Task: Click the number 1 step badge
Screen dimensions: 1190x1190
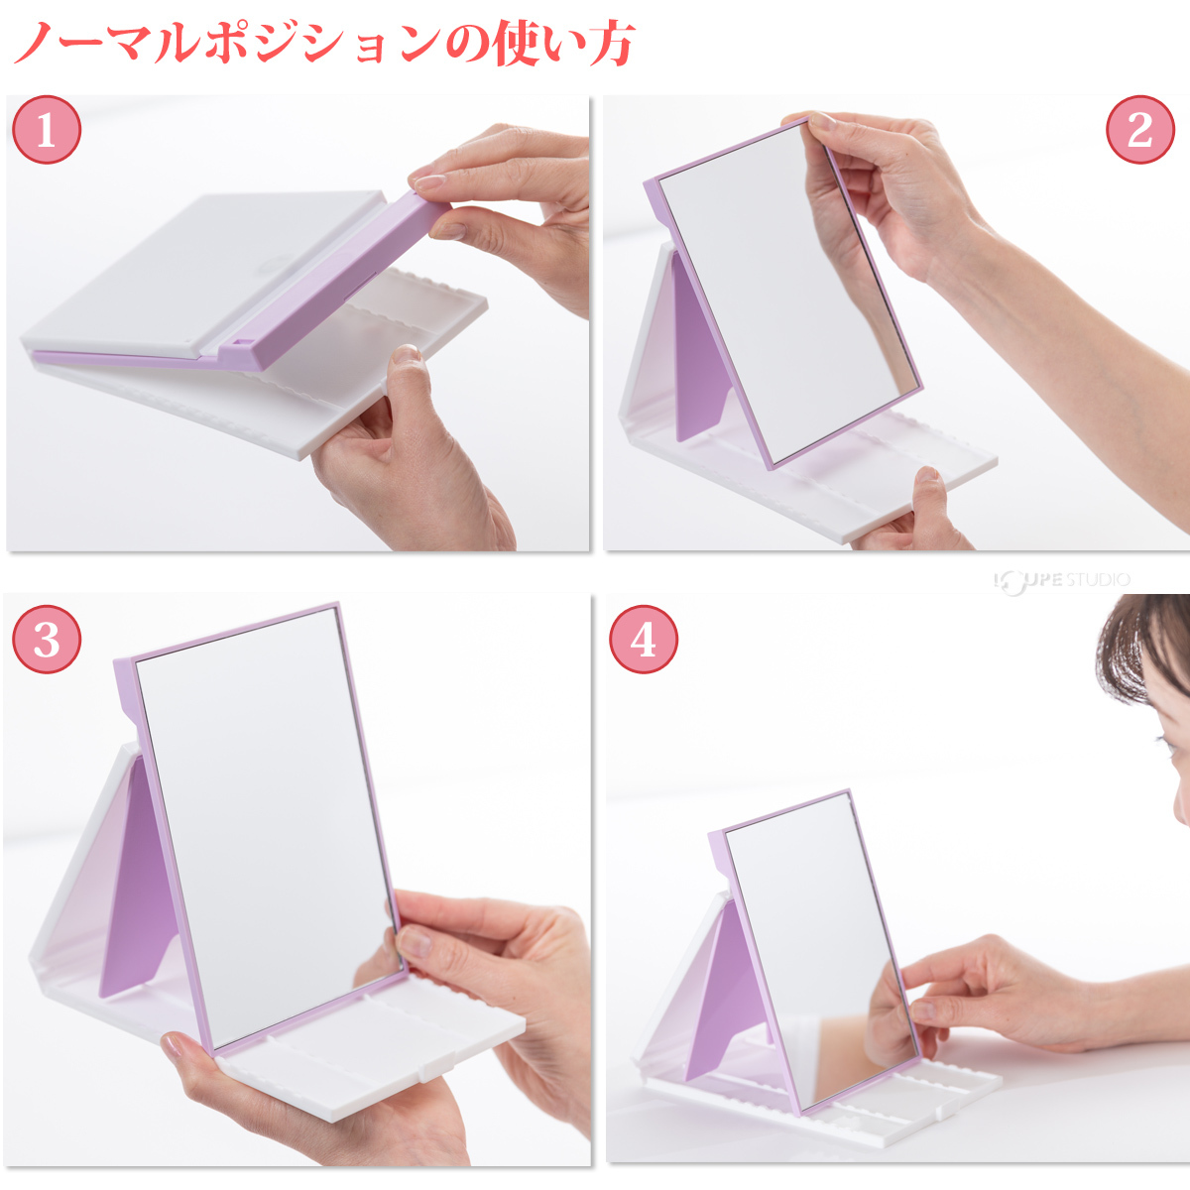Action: pyautogui.click(x=47, y=130)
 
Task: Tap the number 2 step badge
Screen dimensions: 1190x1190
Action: pyautogui.click(x=1140, y=130)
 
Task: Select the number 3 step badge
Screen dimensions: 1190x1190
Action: pyautogui.click(x=47, y=640)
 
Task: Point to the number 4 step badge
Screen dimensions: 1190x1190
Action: pyautogui.click(x=644, y=640)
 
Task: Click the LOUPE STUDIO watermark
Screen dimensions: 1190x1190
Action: pyautogui.click(x=1062, y=580)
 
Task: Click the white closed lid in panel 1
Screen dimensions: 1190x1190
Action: pyautogui.click(x=204, y=272)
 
